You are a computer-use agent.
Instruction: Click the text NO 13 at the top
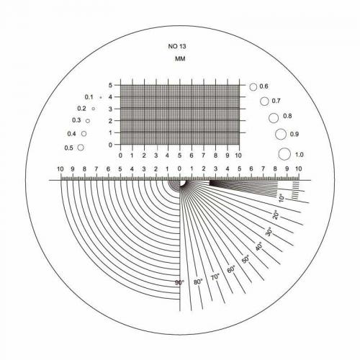point(177,46)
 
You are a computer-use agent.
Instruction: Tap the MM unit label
point(180,59)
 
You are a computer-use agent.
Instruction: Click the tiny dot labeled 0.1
point(101,97)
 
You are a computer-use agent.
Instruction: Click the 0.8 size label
point(287,116)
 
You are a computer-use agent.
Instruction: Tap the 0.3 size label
point(76,120)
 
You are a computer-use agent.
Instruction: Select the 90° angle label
point(179,283)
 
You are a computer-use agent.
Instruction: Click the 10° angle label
point(282,198)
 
